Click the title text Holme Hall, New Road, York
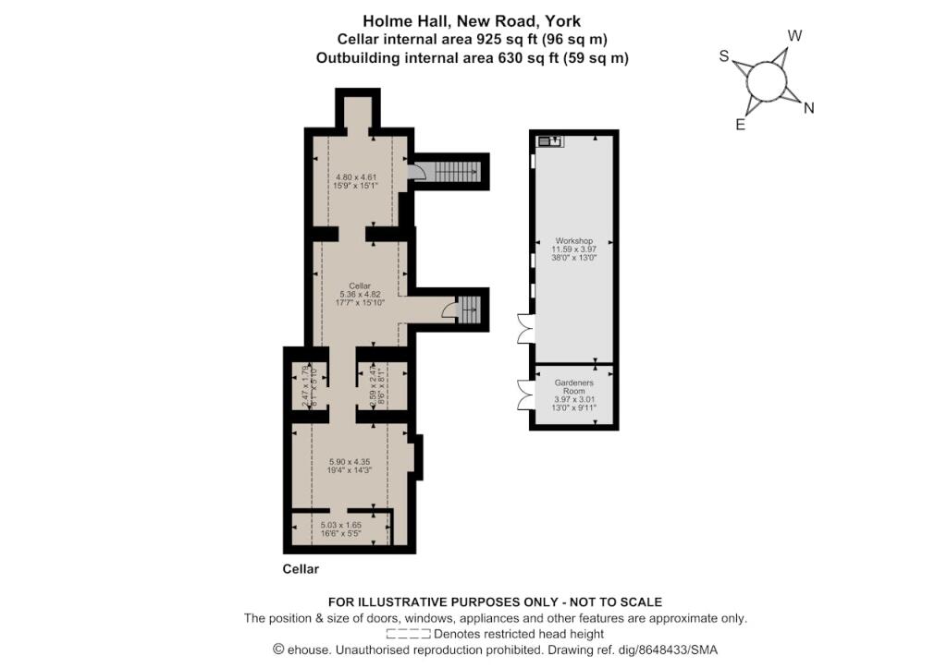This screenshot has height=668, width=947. [x=472, y=20]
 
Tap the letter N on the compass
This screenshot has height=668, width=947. [x=808, y=108]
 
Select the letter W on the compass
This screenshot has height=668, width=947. [x=793, y=36]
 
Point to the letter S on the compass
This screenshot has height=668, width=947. [x=725, y=56]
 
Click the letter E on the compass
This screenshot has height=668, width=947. [x=740, y=125]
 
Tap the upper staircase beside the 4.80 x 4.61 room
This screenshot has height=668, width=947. [x=454, y=172]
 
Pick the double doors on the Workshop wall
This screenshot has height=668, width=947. [x=525, y=328]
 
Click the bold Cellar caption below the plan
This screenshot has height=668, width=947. [x=300, y=569]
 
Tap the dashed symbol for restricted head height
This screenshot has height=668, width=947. [x=408, y=634]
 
